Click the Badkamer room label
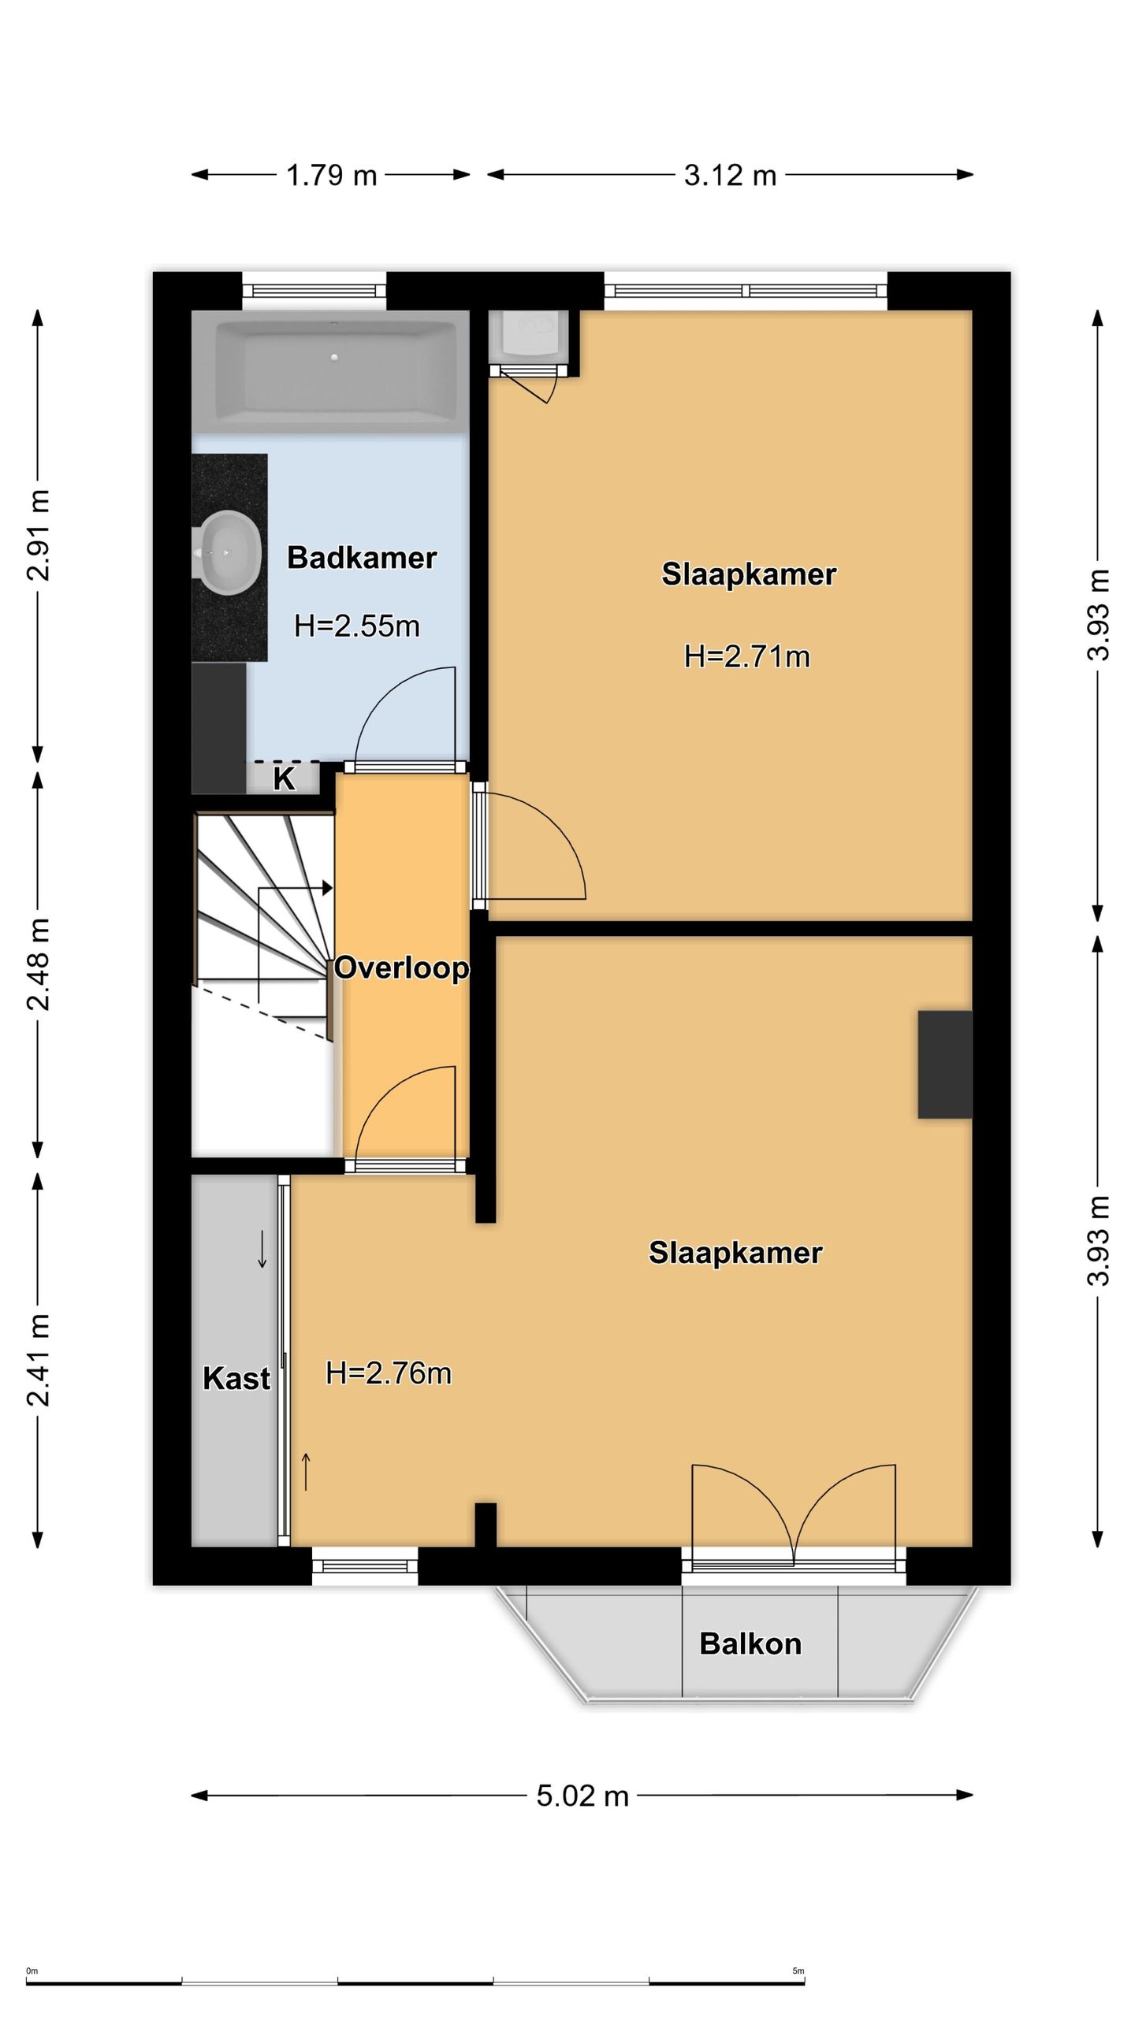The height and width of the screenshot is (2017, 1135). [361, 558]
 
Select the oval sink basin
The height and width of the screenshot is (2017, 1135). [229, 552]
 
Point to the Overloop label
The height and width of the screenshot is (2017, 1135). [401, 968]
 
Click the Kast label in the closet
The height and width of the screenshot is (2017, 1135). [236, 1378]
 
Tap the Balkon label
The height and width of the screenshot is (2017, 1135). [750, 1644]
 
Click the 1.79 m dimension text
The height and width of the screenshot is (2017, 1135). [332, 175]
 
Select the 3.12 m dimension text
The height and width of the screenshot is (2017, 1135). [730, 175]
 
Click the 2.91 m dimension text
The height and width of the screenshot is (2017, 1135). [38, 535]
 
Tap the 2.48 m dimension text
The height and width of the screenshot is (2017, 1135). [38, 964]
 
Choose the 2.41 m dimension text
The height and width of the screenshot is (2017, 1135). [38, 1361]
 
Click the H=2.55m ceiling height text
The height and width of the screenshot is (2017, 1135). [357, 626]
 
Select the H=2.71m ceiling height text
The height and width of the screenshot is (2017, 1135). [747, 656]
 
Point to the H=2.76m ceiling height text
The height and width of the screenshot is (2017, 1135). [389, 1373]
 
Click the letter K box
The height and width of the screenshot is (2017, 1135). [284, 778]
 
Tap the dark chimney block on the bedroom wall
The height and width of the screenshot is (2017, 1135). [944, 1064]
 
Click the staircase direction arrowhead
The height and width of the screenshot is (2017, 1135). [327, 888]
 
